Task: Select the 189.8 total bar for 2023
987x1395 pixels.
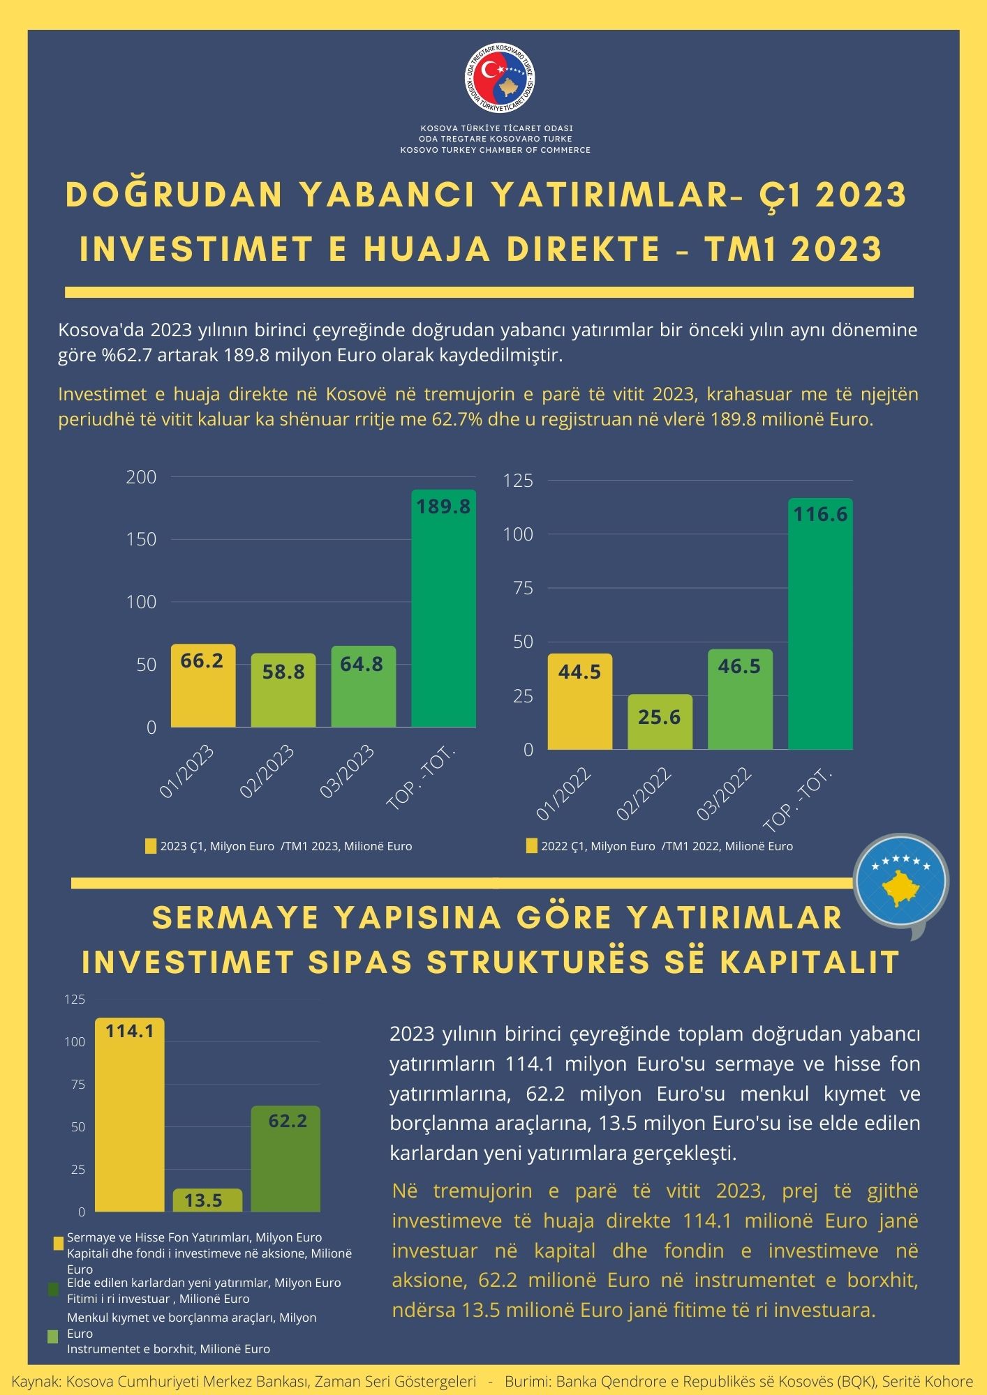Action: tap(444, 608)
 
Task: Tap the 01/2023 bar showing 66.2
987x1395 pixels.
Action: tap(203, 686)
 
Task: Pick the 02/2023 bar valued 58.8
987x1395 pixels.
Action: tap(283, 691)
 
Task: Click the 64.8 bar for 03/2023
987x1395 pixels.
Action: tap(364, 686)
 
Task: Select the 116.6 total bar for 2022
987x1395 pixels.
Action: tap(821, 624)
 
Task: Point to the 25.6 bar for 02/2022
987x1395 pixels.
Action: tap(660, 722)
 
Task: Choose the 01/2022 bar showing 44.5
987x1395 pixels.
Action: tap(580, 702)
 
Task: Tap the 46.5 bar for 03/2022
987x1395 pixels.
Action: tap(741, 700)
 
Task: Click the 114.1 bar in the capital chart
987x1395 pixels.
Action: tap(130, 1115)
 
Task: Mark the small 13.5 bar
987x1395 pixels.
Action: tap(207, 1200)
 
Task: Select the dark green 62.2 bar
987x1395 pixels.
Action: tap(285, 1159)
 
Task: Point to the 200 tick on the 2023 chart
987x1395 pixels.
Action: tap(141, 477)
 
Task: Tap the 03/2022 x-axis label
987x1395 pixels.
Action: tap(724, 793)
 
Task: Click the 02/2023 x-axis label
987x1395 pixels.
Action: tap(267, 771)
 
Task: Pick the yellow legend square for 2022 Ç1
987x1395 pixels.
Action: tap(531, 846)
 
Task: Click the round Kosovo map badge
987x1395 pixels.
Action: tap(900, 881)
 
